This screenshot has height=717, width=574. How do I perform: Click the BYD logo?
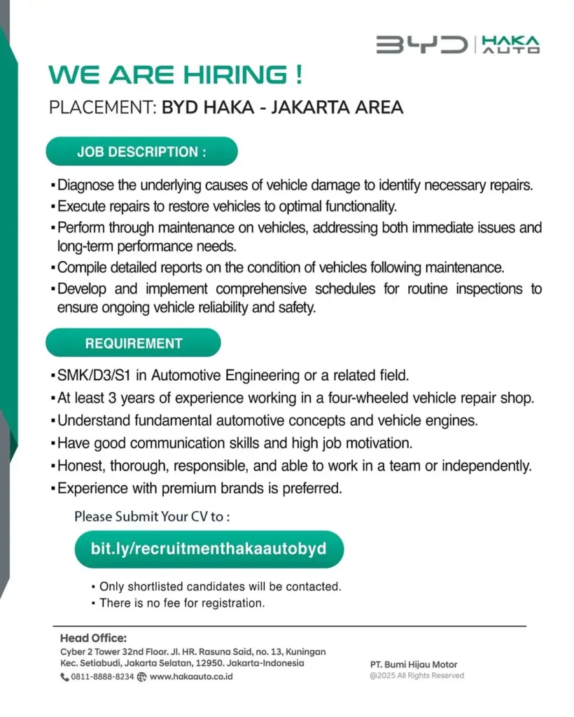click(421, 46)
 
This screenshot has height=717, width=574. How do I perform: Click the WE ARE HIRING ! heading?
click(175, 75)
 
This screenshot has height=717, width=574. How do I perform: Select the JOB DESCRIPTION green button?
click(141, 152)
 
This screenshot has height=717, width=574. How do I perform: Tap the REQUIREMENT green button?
click(133, 343)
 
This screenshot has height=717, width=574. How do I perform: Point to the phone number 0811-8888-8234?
click(102, 677)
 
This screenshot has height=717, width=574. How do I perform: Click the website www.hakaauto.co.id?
click(191, 677)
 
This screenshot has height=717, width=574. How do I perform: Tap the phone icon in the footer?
click(64, 677)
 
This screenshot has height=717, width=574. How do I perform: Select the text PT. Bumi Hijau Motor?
click(414, 664)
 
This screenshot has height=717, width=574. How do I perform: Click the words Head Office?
click(93, 638)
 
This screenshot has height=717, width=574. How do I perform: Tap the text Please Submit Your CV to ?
click(152, 517)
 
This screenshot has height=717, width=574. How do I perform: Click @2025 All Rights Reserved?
click(416, 676)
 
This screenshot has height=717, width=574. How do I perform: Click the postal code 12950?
click(219, 663)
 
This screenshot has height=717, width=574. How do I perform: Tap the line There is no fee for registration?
click(182, 603)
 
